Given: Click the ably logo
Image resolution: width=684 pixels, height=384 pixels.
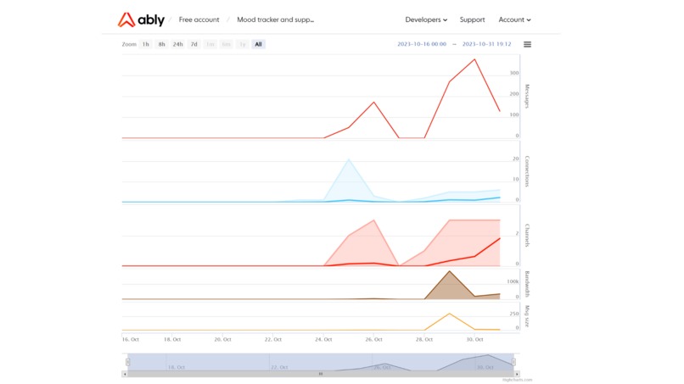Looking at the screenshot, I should tap(142, 19).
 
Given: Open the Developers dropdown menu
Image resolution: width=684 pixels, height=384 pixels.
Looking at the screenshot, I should tap(426, 19).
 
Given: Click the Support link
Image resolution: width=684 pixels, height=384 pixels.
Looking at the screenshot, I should tap(473, 19).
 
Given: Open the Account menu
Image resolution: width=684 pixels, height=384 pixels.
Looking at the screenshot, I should tap(514, 19).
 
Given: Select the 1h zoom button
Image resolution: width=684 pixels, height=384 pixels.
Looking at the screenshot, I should tap(146, 44).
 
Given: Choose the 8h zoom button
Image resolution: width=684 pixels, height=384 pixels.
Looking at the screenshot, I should tap(161, 44).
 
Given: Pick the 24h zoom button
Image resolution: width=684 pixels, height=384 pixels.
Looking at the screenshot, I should tap(177, 44).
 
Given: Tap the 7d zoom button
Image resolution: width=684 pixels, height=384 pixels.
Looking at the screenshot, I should tap(193, 44).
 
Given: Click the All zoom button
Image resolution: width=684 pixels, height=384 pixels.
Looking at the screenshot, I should tap(258, 44).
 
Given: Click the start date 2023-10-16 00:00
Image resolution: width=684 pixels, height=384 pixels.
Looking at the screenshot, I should tap(422, 44).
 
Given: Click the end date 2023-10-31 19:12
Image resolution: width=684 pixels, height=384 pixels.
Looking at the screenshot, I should tap(486, 44).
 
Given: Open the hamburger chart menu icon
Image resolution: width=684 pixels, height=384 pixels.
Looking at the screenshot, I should tap(528, 45).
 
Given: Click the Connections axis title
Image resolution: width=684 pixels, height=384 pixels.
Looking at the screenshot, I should tap(527, 172).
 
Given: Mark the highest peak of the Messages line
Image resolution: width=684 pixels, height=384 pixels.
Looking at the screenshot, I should tap(474, 59).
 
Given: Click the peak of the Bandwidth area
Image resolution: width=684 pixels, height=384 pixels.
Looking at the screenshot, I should tap(449, 271).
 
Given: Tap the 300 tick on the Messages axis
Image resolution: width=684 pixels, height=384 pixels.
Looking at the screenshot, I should tap(514, 73).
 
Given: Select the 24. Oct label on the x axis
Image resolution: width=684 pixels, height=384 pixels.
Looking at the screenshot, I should tap(324, 339).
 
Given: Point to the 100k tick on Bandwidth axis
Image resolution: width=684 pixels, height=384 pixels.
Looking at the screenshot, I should tap(513, 281).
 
